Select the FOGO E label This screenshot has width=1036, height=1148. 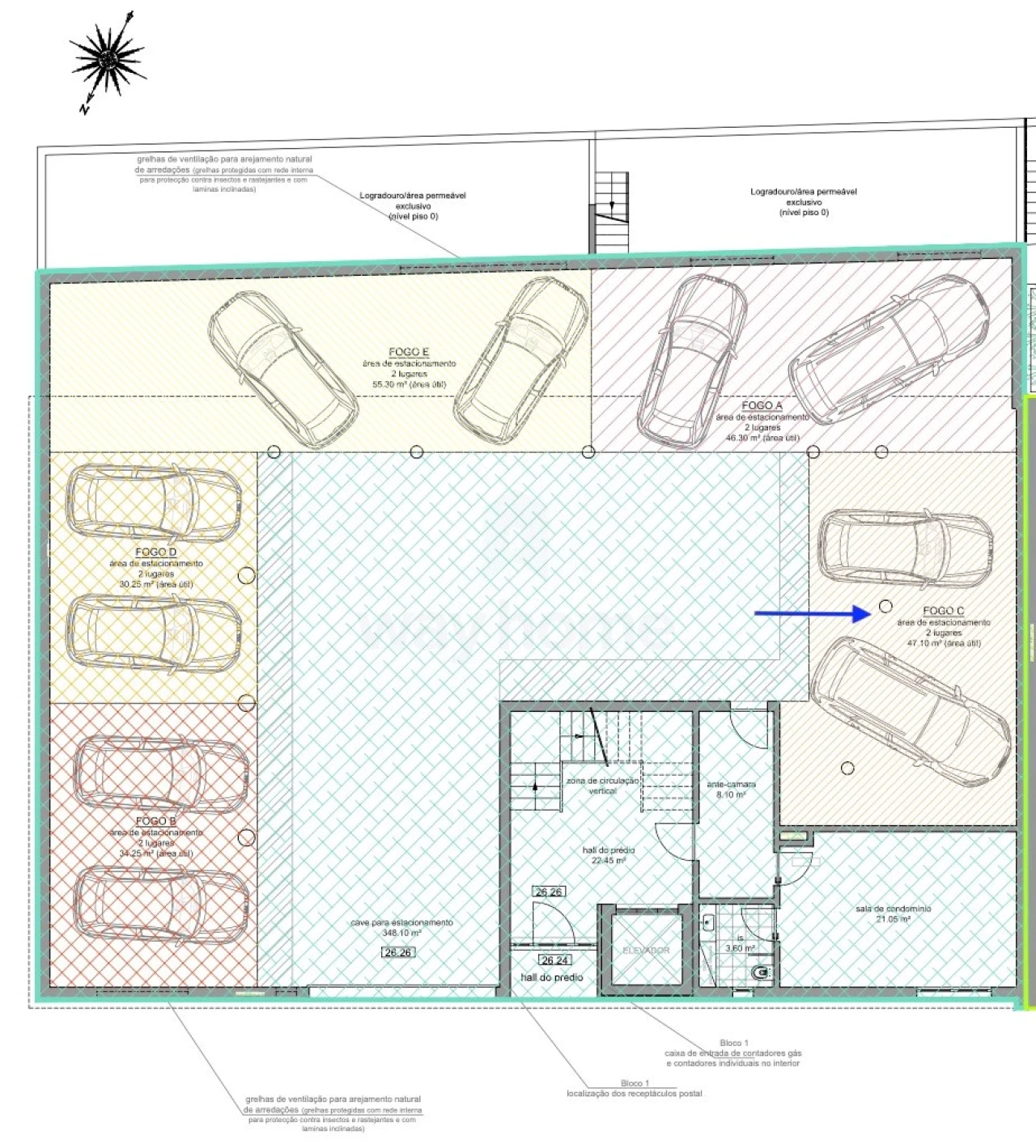pos(409,352)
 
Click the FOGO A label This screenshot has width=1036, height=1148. pos(762,405)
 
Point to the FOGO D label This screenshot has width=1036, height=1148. pos(156,552)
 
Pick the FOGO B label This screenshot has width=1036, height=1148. pos(156,821)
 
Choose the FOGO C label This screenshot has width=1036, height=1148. pos(943,611)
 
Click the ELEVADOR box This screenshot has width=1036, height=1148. pos(646,950)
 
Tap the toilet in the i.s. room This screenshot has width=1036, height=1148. pos(761,972)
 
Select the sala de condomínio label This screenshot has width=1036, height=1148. pos(893,909)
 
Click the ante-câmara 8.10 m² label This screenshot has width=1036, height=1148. pos(731,790)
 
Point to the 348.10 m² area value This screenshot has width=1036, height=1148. pos(401,933)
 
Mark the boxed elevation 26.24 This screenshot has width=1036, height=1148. pos(554,960)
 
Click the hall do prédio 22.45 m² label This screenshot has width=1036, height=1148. pos(609,855)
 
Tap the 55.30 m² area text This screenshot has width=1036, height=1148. pos(409,384)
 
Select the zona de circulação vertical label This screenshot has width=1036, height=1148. pos(603,786)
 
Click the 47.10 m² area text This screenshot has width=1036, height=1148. pos(944,643)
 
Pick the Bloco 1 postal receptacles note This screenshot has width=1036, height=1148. pos(635,1088)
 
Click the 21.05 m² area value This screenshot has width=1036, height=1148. pos(893,919)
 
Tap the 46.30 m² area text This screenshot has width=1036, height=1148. pos(762,438)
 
